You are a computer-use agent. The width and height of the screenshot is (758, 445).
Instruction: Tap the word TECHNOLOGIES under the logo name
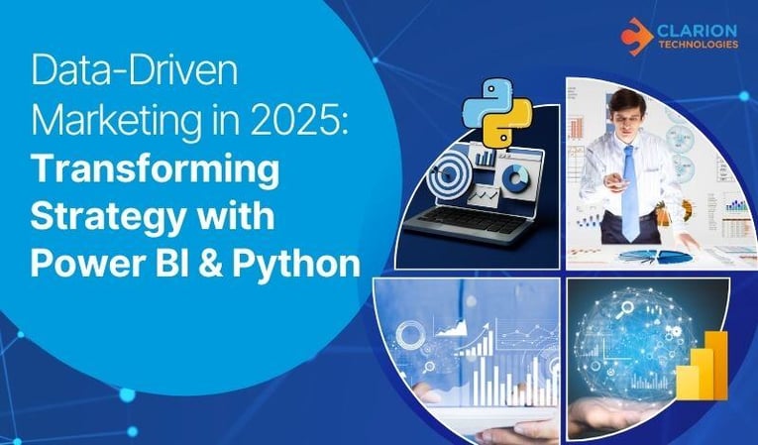[x=698, y=45]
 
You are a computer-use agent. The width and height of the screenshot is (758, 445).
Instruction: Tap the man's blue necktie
[x=630, y=188]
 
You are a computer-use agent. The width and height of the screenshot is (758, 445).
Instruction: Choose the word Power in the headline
[x=78, y=263]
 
